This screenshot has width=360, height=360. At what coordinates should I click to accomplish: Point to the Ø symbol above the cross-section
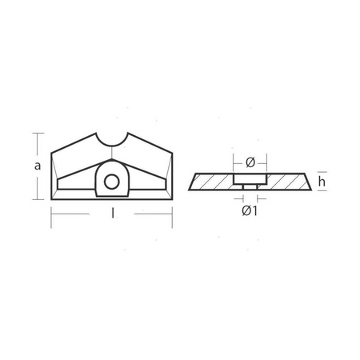click(x=250, y=161)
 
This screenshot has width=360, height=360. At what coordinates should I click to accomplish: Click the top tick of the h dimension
click(x=313, y=172)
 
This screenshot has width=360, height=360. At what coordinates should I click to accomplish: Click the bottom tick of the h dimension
click(x=313, y=191)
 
